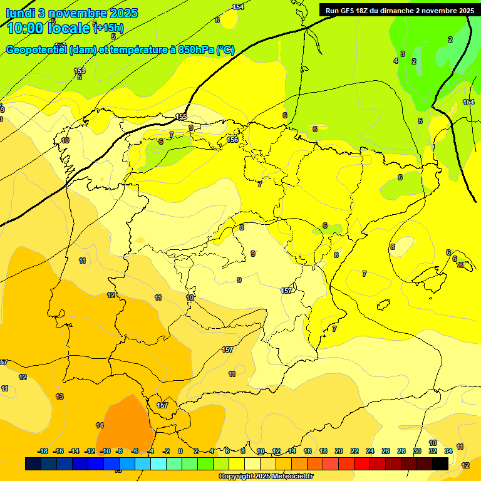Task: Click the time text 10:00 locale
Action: [x=48, y=28]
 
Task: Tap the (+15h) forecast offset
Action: [x=108, y=28]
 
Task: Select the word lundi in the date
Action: [x=20, y=13]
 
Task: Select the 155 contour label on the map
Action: [x=181, y=117]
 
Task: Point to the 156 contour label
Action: [x=232, y=140]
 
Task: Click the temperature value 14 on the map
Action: [x=100, y=425]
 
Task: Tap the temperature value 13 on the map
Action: [x=59, y=396]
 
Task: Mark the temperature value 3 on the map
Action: [x=403, y=54]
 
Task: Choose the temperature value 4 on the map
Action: [x=395, y=61]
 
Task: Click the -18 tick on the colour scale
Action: [x=43, y=451]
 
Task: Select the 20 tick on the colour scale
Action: [x=339, y=451]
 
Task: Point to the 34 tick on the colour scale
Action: [x=448, y=451]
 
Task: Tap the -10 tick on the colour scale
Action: [x=105, y=451]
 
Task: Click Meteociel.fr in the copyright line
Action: [x=288, y=476]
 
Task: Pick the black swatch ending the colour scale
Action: [x=440, y=463]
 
